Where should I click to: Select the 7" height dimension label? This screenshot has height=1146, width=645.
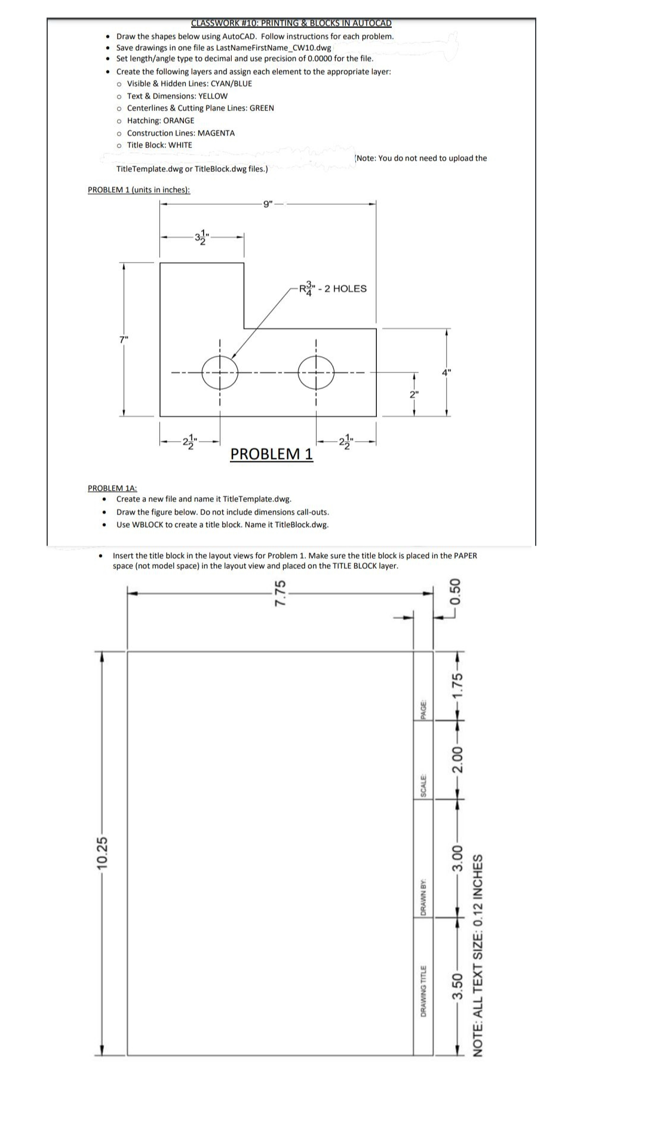click(x=124, y=340)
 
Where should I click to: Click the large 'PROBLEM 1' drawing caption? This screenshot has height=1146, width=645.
click(x=271, y=454)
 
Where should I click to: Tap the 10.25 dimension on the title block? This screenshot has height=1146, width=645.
click(x=103, y=854)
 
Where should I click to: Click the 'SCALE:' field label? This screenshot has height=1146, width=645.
click(x=423, y=785)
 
